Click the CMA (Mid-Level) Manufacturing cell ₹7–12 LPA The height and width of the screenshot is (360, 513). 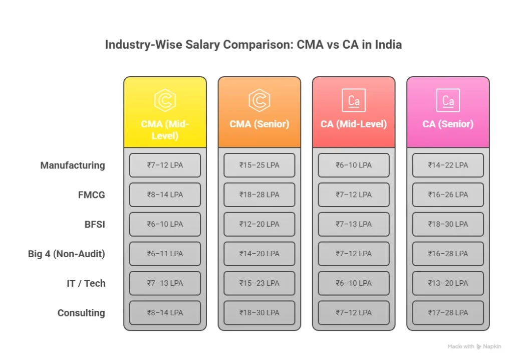165,165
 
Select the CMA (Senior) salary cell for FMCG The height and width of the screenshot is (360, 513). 259,195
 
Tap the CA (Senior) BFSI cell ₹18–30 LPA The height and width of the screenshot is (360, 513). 448,224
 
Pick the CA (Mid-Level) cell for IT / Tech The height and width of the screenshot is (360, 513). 354,283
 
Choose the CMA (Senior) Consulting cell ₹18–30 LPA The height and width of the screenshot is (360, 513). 259,313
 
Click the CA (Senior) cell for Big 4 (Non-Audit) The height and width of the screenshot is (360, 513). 448,254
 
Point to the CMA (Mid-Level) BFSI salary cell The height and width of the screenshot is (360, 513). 165,224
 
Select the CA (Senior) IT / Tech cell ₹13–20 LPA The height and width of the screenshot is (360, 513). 448,283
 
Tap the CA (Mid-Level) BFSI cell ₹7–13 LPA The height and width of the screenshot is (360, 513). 354,224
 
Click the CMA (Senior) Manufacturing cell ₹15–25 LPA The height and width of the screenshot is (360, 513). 259,165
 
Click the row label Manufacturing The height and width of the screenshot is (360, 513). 73,165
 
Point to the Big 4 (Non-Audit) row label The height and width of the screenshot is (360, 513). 67,254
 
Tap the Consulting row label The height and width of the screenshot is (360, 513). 81,313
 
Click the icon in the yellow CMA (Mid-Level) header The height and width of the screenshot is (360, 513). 165,100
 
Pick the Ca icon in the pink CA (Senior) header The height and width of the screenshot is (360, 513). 448,100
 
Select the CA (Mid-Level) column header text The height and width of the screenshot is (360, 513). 354,124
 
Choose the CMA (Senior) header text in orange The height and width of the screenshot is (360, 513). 259,124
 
